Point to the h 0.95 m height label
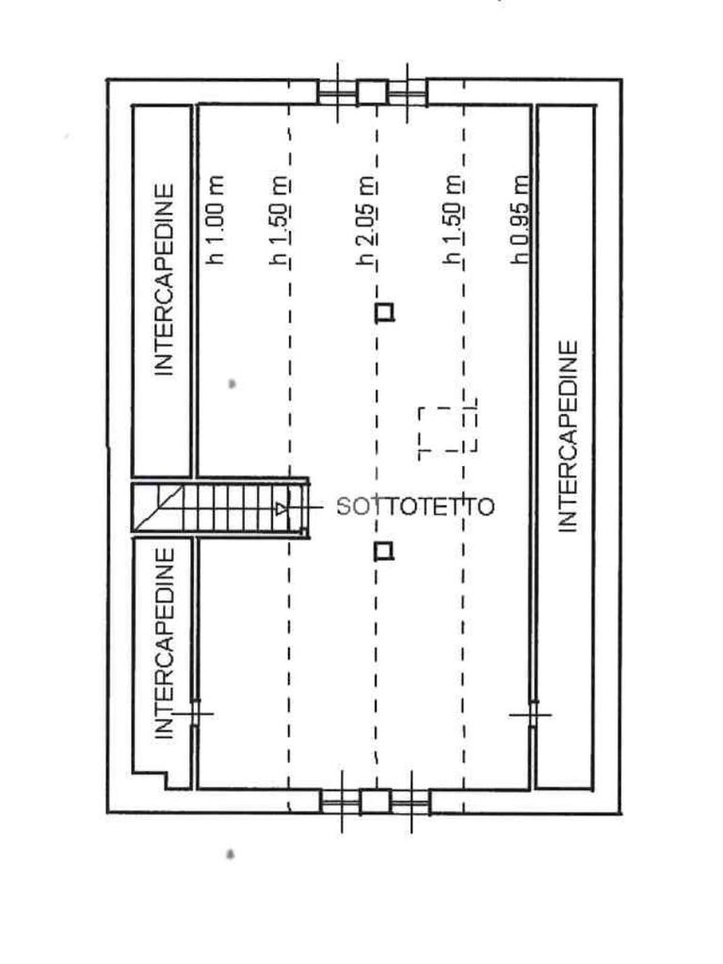[520, 219]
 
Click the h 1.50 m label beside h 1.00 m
[280, 221]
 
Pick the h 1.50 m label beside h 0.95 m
[453, 221]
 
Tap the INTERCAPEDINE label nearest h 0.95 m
[568, 437]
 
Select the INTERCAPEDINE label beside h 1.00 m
[165, 280]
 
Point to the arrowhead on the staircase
[281, 509]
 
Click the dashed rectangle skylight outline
[447, 430]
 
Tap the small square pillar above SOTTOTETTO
[384, 312]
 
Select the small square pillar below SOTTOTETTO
[383, 551]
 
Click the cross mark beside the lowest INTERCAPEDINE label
[195, 714]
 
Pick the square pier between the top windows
[372, 92]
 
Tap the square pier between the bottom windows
[375, 802]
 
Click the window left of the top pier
[336, 92]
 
